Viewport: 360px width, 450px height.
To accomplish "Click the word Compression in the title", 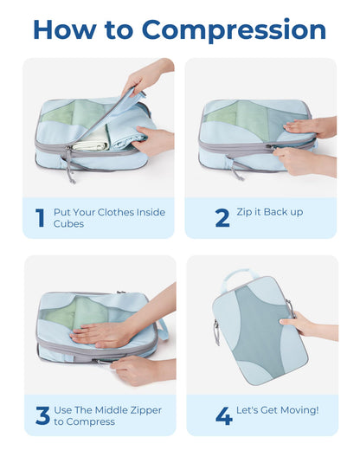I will pos(235,30).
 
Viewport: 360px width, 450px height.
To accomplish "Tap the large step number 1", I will pos(40,218).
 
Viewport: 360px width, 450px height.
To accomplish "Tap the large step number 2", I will pos(222,218).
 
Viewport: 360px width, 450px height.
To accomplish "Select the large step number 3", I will pos(42,415).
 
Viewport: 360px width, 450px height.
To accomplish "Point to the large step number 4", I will pos(223,415).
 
